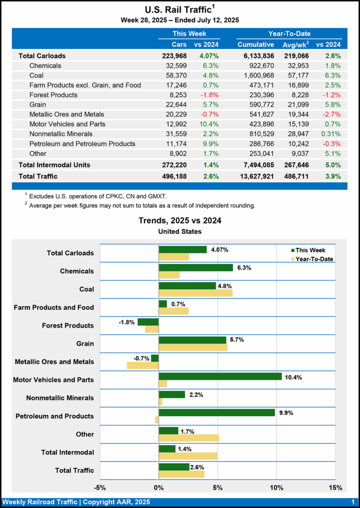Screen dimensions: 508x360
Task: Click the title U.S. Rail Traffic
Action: (x=178, y=9)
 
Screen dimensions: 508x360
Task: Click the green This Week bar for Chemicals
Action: (x=195, y=267)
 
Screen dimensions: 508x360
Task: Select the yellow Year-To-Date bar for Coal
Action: (x=195, y=293)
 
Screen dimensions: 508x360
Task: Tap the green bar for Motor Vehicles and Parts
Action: (x=220, y=376)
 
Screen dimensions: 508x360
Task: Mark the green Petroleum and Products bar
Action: (x=216, y=412)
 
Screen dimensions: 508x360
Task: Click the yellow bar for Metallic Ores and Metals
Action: (x=143, y=366)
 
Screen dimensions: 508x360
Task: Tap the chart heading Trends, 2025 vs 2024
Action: (x=180, y=221)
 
